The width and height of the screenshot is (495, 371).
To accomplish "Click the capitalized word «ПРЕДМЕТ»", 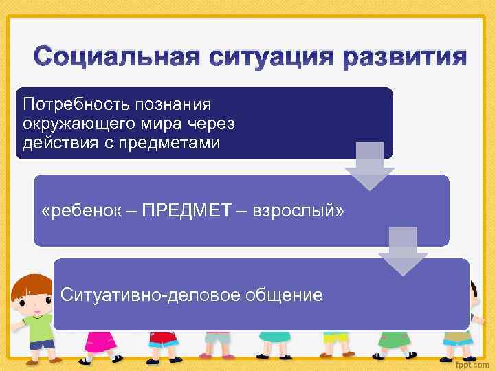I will (182, 209).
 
